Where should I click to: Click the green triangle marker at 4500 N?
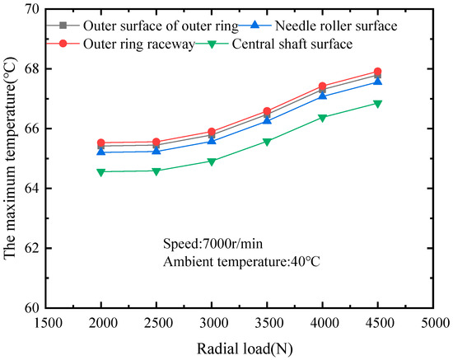377,104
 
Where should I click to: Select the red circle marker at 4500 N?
377,72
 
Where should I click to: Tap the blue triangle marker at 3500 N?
267,120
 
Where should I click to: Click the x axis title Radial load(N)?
239,347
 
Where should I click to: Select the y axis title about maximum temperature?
11,158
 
